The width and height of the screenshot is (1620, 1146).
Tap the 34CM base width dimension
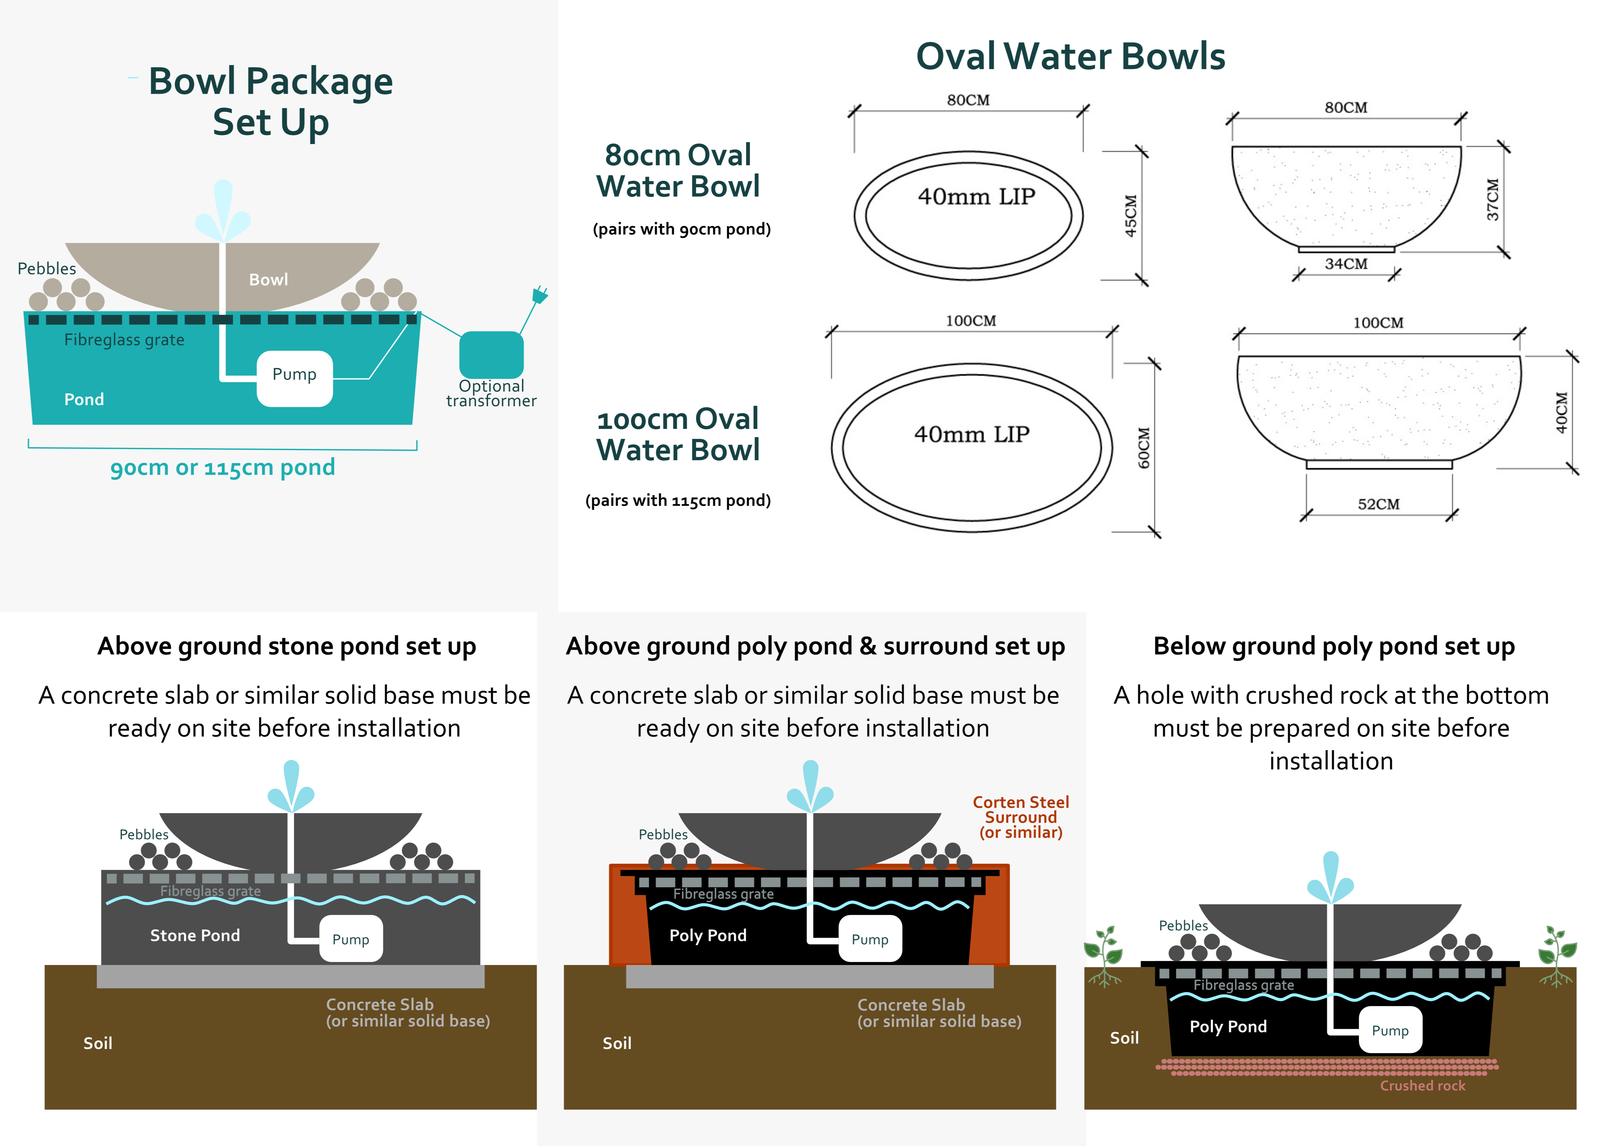1345,264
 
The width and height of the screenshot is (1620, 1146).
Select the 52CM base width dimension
1378,504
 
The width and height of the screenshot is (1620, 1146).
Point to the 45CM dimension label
1130,216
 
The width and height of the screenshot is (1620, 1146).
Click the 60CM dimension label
1144,448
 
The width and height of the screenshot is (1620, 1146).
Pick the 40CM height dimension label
1562,413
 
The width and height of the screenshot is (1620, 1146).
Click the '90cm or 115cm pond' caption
222,467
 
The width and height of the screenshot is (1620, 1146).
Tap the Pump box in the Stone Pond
351,939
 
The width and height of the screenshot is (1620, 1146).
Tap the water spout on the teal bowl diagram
223,210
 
